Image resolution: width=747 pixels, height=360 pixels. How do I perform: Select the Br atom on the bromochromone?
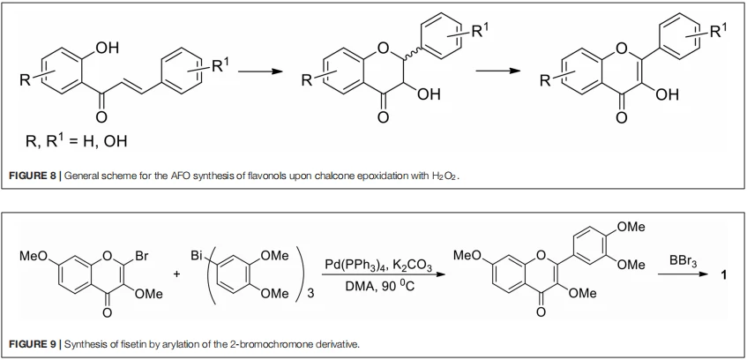pyautogui.click(x=140, y=257)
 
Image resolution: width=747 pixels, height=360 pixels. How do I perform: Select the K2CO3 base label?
pyautogui.click(x=413, y=266)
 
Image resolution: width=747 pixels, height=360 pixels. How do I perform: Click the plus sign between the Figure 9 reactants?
pyautogui.click(x=177, y=275)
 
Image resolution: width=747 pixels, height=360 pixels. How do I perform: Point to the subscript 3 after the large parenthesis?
pyautogui.click(x=310, y=293)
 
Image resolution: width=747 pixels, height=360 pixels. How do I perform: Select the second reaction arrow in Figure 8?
pyautogui.click(x=497, y=71)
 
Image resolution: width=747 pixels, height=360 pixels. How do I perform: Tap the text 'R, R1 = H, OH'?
pyautogui.click(x=76, y=141)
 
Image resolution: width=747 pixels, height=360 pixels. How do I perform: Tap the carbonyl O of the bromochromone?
pyautogui.click(x=108, y=313)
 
